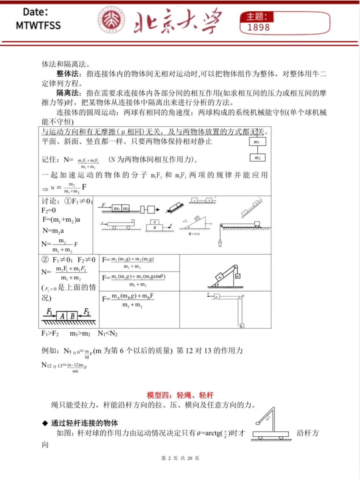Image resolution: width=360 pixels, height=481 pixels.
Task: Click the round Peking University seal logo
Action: click(x=111, y=20)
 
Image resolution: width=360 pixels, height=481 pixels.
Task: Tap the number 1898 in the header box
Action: click(x=258, y=28)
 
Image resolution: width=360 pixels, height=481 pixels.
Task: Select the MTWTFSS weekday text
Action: click(x=38, y=25)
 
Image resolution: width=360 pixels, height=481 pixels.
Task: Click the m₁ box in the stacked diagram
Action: click(x=257, y=142)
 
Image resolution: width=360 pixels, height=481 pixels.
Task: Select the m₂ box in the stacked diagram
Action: click(x=257, y=158)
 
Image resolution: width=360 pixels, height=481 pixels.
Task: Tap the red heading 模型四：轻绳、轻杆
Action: click(x=180, y=395)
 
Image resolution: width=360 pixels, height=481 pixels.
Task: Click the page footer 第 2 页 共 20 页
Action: click(x=180, y=458)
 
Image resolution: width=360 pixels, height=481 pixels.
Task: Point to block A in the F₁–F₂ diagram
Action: click(x=62, y=316)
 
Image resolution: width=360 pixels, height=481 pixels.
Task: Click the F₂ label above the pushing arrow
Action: click(x=86, y=312)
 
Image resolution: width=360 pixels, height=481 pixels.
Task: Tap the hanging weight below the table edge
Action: click(x=220, y=243)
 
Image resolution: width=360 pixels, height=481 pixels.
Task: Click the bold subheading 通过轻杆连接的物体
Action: click(x=84, y=423)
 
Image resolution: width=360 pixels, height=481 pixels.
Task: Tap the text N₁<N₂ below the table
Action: click(x=108, y=334)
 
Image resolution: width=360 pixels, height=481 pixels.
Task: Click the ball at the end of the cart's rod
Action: click(x=258, y=423)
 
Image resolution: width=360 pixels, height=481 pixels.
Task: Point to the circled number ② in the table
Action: click(x=45, y=259)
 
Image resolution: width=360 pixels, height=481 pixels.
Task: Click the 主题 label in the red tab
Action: click(x=256, y=17)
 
